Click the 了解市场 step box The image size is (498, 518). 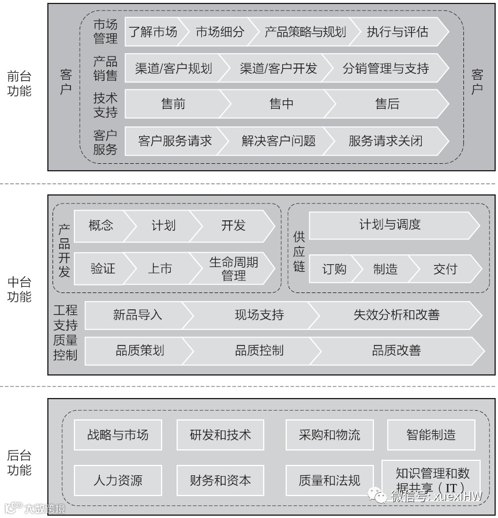(152, 32)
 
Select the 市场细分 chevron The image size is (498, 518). (220, 32)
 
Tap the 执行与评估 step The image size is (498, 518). (398, 32)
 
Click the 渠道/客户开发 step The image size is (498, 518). (278, 69)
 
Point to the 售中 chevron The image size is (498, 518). (282, 104)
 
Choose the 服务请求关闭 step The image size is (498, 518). (385, 140)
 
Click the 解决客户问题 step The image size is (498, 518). (278, 140)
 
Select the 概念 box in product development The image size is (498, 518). (101, 225)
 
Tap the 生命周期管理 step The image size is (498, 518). (233, 269)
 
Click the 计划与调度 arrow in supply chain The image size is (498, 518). (390, 225)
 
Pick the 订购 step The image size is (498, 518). (334, 269)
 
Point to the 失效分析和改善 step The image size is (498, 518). (396, 315)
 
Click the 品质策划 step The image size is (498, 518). (140, 350)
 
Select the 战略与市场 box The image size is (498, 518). (118, 434)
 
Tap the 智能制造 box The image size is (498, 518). (430, 434)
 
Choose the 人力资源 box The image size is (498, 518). (118, 480)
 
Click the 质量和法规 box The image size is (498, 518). (329, 480)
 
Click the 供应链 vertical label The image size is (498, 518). (298, 252)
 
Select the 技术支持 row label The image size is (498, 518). (105, 104)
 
